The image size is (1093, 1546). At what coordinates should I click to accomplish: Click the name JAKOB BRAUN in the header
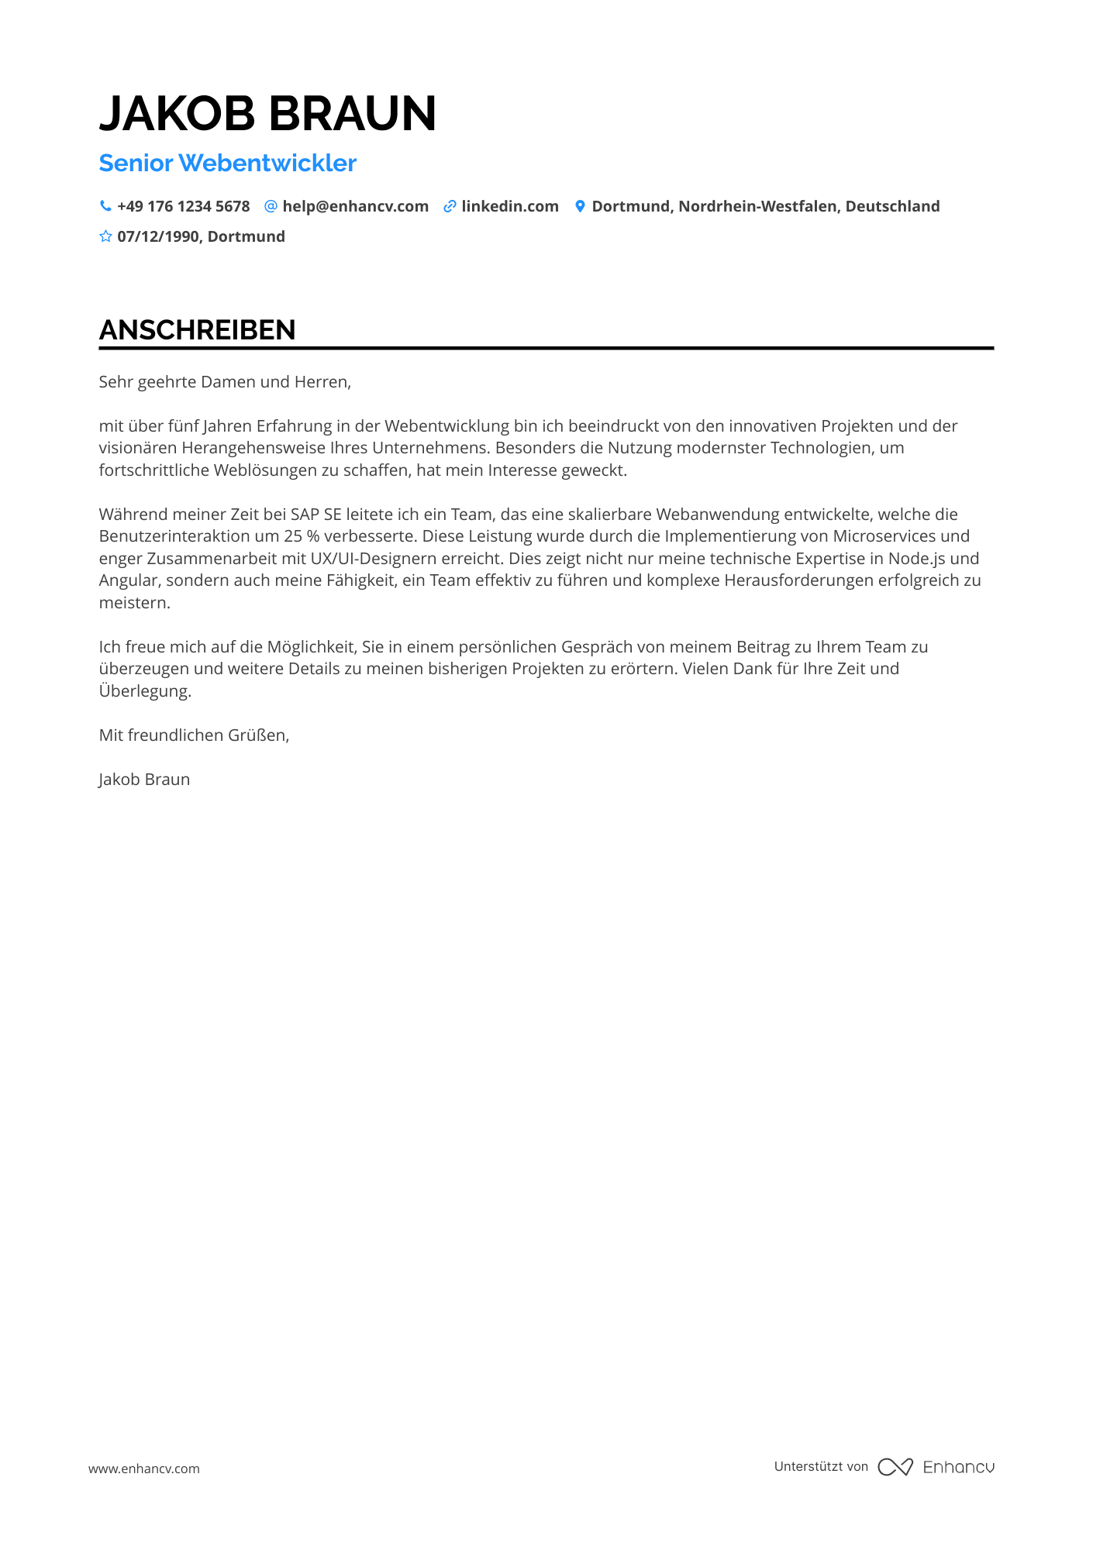tap(267, 113)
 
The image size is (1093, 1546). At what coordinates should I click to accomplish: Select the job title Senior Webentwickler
tap(227, 163)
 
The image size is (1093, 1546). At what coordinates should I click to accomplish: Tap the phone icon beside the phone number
tap(105, 206)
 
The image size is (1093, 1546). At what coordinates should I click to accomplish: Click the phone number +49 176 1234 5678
tap(183, 206)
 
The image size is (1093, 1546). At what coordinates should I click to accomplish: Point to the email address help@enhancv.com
tap(355, 206)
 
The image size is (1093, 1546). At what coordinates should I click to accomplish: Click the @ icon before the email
tap(271, 206)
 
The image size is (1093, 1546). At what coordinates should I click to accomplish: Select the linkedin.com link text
tap(509, 206)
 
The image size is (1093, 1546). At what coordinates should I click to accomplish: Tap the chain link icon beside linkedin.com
tap(450, 206)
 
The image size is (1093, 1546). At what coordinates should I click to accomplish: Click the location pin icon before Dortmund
tap(580, 206)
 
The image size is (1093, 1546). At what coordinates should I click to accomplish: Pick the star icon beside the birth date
tap(105, 236)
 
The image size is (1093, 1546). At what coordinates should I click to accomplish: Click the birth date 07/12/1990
tap(158, 236)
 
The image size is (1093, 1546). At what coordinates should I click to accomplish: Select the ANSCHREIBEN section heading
tap(197, 330)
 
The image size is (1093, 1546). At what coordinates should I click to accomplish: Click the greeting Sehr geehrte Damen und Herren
tap(225, 382)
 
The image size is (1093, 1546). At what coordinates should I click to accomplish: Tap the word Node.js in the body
tap(916, 559)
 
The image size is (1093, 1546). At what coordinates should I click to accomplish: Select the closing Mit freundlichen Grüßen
tap(194, 735)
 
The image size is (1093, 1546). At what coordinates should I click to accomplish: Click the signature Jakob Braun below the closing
tap(144, 780)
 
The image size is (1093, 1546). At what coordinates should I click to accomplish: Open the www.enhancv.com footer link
tap(144, 1469)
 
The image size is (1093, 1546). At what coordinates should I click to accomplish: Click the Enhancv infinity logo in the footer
tap(895, 1467)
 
